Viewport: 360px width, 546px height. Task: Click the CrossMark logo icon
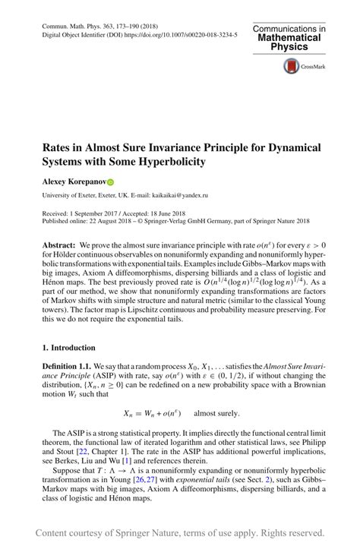(x=292, y=67)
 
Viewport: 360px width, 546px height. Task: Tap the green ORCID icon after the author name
(x=109, y=182)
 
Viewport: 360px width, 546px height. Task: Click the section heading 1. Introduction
(x=71, y=346)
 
